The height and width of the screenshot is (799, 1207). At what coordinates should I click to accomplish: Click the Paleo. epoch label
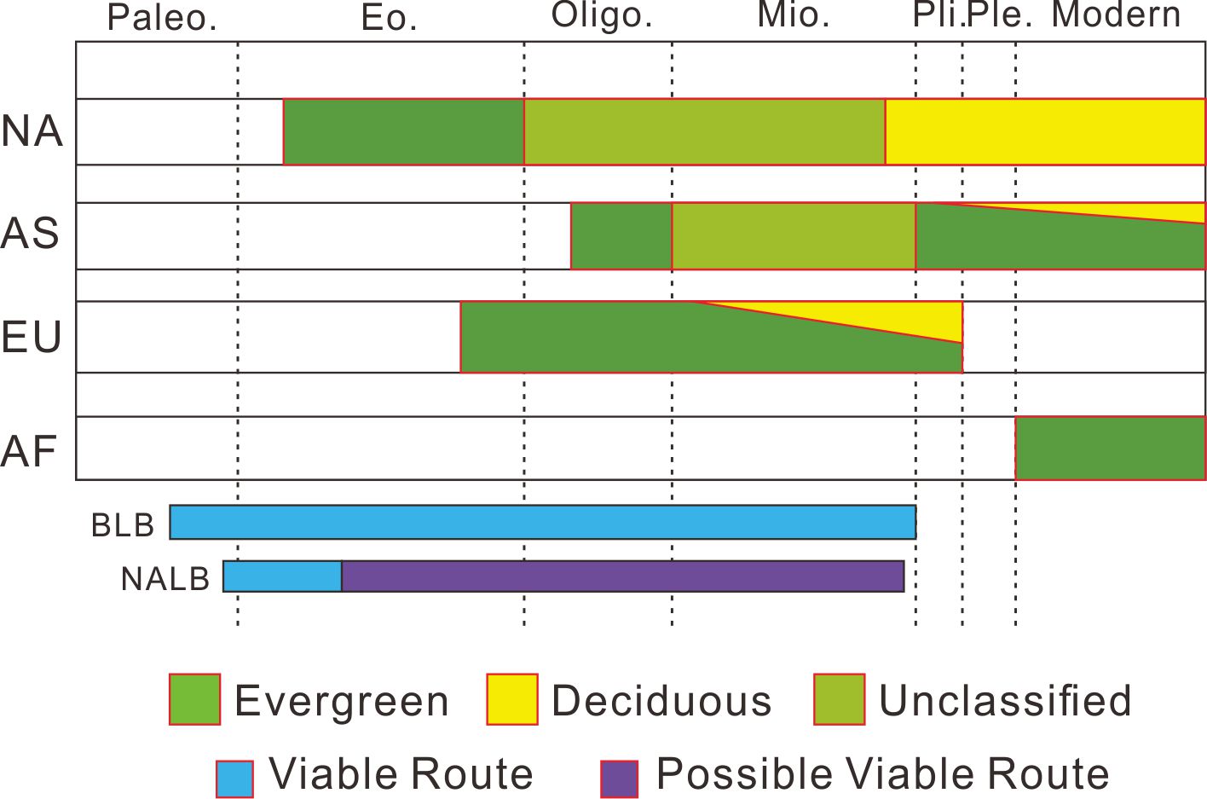click(x=162, y=18)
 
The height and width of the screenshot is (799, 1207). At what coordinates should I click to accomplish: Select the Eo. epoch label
click(x=390, y=18)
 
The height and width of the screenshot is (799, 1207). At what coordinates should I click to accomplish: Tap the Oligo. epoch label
click(x=602, y=16)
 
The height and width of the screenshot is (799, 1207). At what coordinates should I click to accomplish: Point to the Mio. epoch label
click(x=794, y=16)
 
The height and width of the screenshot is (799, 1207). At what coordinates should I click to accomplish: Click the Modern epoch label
click(x=1117, y=15)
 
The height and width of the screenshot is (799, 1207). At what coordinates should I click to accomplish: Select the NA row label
click(x=32, y=131)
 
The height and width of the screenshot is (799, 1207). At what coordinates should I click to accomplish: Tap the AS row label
click(x=31, y=234)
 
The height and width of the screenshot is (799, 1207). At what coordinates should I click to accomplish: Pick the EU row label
click(x=32, y=338)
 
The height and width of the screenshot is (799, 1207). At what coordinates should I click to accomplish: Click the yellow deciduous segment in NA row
click(x=1045, y=131)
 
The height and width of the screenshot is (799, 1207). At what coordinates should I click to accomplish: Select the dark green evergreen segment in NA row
click(x=403, y=131)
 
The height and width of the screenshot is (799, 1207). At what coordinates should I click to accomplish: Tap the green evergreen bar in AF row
click(x=1110, y=449)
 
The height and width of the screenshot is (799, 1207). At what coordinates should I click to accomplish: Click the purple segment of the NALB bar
click(x=622, y=576)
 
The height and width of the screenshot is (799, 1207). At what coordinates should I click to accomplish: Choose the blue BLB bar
click(x=542, y=522)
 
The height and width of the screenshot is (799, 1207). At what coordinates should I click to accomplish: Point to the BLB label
click(x=123, y=525)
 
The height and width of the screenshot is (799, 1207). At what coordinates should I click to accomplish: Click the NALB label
click(x=165, y=579)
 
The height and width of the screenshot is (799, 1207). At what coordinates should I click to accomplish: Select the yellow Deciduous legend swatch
click(x=512, y=699)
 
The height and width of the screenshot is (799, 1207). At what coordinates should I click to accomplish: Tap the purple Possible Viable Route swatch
click(x=620, y=778)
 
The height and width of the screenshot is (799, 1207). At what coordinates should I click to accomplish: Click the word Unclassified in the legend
click(x=1005, y=701)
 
